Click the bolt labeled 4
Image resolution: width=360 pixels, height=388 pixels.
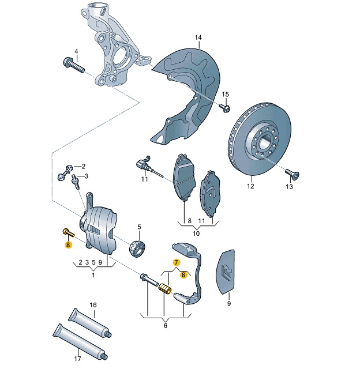(74, 65)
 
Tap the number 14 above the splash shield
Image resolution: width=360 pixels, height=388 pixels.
(198, 37)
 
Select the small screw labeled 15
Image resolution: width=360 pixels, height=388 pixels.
(225, 108)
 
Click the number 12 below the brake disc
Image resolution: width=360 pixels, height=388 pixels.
(250, 186)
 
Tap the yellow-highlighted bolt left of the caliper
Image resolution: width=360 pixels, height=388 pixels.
(68, 233)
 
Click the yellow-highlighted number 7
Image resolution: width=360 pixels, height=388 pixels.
(177, 262)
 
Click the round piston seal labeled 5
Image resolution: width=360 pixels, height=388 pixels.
(137, 248)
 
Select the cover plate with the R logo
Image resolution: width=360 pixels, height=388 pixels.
(226, 272)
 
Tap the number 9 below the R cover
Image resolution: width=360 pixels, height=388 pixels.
(229, 303)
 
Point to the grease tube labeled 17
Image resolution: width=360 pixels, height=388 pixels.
(80, 342)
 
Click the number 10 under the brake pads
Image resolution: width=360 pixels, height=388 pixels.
(196, 233)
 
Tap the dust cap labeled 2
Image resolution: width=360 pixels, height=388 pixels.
(64, 172)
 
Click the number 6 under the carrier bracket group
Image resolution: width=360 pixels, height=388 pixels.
(166, 326)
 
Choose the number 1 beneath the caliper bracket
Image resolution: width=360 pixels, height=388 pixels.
(93, 275)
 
